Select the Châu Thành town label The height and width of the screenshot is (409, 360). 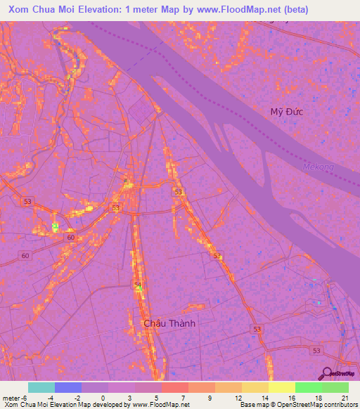coord(169,324)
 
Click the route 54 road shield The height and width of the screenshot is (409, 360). coord(138,284)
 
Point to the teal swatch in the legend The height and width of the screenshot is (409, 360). coord(41,387)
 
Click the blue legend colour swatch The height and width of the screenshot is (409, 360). coord(68,387)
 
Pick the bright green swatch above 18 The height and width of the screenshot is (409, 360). coord(309,387)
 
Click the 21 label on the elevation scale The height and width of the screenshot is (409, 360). coord(345,397)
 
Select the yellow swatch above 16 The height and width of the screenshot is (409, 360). coord(282,387)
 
